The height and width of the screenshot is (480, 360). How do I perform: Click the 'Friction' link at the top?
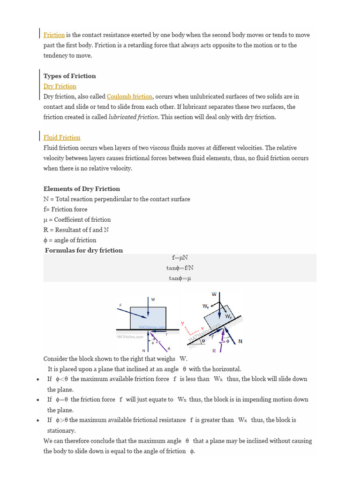click(54, 35)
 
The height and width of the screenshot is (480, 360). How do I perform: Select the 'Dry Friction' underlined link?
click(60, 86)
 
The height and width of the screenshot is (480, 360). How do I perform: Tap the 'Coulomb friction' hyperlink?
click(129, 97)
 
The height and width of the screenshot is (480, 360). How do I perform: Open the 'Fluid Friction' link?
click(62, 137)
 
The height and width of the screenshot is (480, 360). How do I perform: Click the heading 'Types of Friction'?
click(69, 76)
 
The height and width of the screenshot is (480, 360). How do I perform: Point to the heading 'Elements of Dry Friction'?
click(82, 189)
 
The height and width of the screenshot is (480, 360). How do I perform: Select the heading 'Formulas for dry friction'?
click(84, 250)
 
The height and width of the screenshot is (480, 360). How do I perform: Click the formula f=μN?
click(180, 258)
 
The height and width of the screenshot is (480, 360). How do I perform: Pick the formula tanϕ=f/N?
click(180, 268)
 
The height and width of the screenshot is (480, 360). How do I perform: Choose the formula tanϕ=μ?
click(180, 278)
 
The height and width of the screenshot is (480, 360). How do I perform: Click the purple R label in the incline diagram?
click(214, 351)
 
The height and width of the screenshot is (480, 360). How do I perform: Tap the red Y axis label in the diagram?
click(183, 323)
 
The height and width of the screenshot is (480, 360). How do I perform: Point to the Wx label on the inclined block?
click(205, 306)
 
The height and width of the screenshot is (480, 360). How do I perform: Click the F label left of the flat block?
click(120, 305)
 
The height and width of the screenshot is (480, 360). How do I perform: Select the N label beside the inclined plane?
click(240, 341)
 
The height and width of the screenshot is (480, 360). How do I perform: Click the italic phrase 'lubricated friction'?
click(133, 117)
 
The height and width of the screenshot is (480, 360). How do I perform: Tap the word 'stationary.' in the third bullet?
click(61, 430)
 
